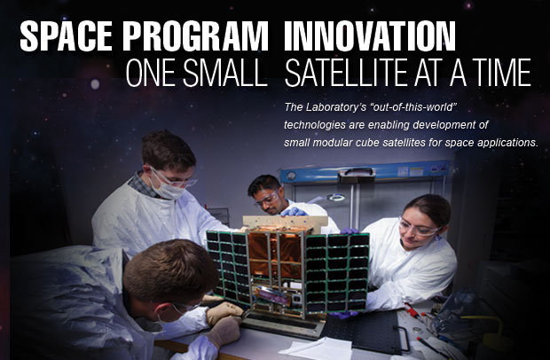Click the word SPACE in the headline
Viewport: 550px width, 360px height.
tap(67, 36)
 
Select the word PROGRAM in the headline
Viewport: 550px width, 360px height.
tap(195, 36)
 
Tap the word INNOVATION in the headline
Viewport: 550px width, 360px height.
tap(370, 36)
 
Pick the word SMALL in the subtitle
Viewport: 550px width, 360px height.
tap(225, 73)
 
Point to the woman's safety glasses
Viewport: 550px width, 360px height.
tap(419, 229)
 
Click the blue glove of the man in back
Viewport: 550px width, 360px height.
tap(294, 212)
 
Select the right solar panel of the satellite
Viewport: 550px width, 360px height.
tap(337, 272)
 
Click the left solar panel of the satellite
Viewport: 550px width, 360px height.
tap(228, 266)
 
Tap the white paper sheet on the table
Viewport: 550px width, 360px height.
tap(316, 348)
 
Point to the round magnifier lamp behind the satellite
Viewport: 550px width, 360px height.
tap(335, 198)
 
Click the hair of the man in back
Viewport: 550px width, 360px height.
tap(263, 184)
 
